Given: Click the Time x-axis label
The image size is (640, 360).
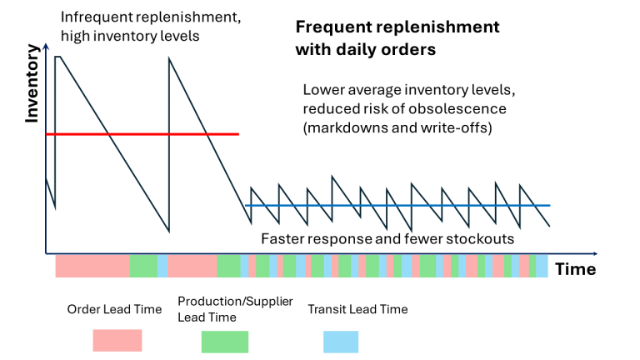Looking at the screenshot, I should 575,269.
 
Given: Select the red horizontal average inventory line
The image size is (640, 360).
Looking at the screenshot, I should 142,133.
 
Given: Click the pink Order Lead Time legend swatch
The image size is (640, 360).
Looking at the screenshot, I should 117,340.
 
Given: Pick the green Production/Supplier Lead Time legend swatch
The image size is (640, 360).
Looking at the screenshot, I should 225,341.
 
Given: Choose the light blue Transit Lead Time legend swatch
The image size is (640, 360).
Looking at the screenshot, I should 341,341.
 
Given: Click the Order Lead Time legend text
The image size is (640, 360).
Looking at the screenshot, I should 114,309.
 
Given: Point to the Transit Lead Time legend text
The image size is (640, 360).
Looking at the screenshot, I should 357,309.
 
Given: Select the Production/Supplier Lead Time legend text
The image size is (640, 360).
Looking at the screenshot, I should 235,308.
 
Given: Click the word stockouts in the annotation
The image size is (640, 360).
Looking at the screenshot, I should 482,239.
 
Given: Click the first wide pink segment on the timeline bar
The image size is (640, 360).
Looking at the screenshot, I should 92,266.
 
